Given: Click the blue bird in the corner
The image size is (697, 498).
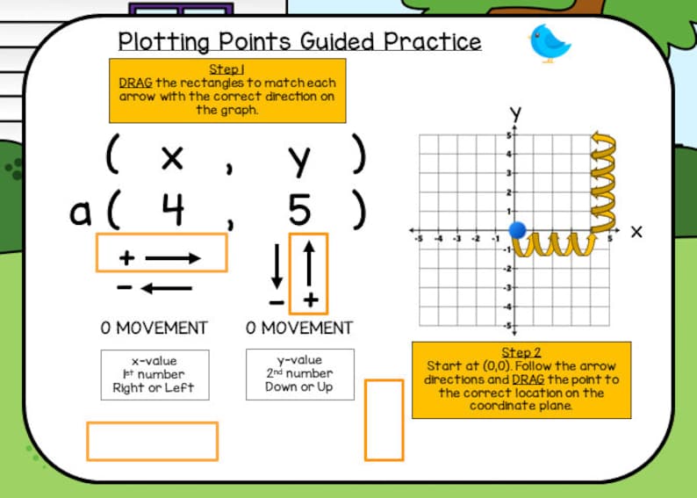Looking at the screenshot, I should click(550, 43).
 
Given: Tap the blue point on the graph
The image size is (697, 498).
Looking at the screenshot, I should click(517, 231).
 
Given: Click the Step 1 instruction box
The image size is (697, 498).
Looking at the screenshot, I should click(227, 90).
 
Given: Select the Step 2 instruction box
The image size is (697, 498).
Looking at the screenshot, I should click(521, 379).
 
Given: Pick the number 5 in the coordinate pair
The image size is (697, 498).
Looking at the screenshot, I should click(299, 210).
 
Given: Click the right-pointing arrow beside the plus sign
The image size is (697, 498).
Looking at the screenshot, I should click(174, 258).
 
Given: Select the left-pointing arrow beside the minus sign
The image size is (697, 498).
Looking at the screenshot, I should click(167, 288).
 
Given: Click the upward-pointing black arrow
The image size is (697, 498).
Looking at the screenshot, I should click(308, 262).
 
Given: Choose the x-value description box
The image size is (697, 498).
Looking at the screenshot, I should click(154, 374).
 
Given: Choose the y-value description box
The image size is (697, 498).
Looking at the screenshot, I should click(299, 374).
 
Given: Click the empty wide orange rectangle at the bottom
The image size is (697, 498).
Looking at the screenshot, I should click(152, 441).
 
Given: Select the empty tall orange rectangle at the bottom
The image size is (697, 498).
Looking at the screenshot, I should click(384, 419).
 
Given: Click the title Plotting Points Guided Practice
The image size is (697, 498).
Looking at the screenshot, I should click(299, 41).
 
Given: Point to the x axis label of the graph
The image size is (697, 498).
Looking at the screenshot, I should click(636, 232).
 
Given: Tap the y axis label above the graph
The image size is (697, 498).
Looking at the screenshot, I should click(516, 113).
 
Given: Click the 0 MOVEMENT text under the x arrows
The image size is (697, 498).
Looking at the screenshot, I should click(154, 328).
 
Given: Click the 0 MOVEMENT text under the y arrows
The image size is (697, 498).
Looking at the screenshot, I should click(299, 328).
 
